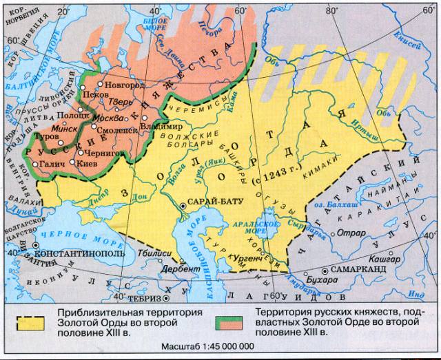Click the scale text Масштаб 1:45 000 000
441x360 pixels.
tap(207, 346)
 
